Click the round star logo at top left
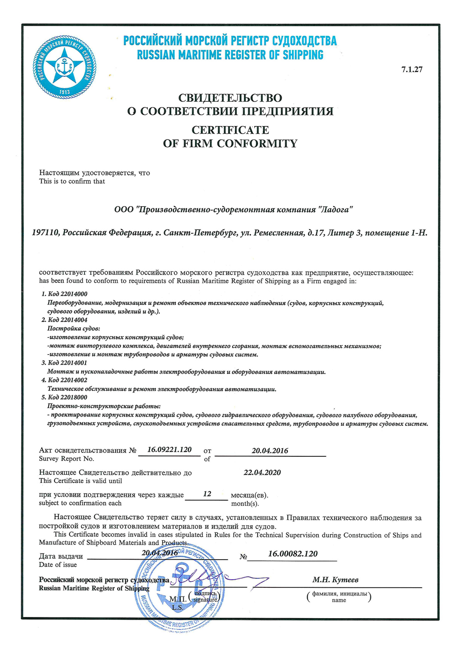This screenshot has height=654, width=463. pyautogui.click(x=64, y=68)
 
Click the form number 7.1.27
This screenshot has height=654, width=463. pyautogui.click(x=412, y=70)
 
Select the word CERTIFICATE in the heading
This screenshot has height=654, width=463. pyautogui.click(x=230, y=130)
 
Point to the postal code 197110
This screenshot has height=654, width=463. pyautogui.click(x=45, y=233)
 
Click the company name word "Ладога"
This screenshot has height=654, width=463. pyautogui.click(x=335, y=210)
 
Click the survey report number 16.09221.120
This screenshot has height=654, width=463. pyautogui.click(x=169, y=450)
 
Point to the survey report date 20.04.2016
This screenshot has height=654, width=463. pyautogui.click(x=270, y=451)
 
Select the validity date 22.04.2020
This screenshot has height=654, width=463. pyautogui.click(x=262, y=473)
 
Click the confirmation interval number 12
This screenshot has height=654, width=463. pyautogui.click(x=207, y=494)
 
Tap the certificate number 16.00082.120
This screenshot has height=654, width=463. pyautogui.click(x=293, y=554)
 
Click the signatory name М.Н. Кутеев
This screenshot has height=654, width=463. pyautogui.click(x=335, y=580)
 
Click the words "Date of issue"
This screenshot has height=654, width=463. pyautogui.click(x=58, y=565)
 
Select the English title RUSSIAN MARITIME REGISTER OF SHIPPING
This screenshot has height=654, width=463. pyautogui.click(x=230, y=55)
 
